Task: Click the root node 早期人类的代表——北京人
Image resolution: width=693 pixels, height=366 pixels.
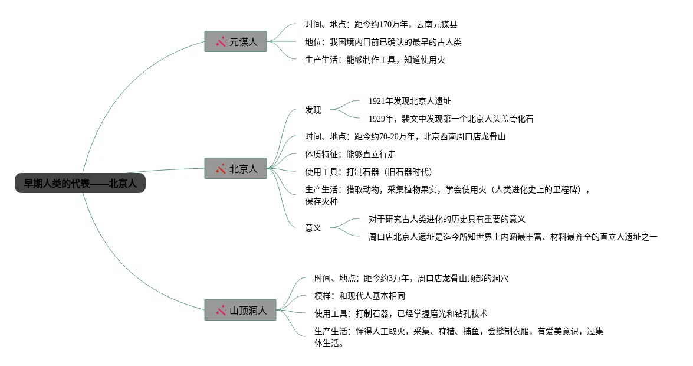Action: [x=80, y=184]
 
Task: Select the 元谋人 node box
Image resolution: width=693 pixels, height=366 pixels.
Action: [x=235, y=41]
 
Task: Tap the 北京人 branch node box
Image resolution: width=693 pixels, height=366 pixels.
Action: [x=235, y=168]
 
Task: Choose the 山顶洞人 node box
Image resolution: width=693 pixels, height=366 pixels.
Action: [x=240, y=309]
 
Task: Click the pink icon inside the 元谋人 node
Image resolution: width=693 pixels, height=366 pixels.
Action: [x=221, y=42]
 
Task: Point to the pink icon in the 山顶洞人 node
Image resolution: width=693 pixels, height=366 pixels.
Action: [x=221, y=310]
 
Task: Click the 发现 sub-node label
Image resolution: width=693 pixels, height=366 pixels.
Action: [x=313, y=110]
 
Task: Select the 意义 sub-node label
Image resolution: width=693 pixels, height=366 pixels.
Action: [x=313, y=228]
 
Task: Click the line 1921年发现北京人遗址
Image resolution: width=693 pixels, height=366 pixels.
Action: [x=409, y=101]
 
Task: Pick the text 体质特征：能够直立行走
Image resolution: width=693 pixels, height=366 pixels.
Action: [x=350, y=154]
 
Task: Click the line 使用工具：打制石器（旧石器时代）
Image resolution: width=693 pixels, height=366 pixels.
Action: [x=369, y=172]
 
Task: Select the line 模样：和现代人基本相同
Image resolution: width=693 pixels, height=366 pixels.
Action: [x=360, y=296]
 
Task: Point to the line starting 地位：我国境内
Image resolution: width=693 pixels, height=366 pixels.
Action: [x=383, y=42]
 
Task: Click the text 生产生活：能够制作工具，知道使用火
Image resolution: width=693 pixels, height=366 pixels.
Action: [x=375, y=60]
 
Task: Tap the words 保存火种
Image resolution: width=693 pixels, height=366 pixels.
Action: [x=321, y=201]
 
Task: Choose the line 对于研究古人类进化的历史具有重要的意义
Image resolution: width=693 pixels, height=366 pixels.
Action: [x=446, y=219]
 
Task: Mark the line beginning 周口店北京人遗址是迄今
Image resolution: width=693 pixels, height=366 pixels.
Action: [x=513, y=237]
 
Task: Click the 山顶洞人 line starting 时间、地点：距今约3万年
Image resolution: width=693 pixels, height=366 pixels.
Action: [x=411, y=278]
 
